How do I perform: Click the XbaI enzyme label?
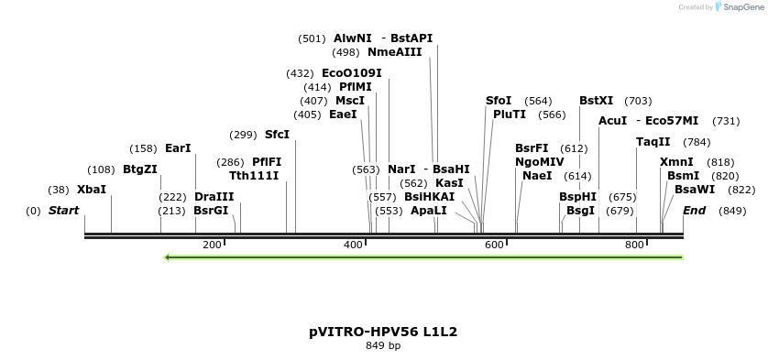[92, 190]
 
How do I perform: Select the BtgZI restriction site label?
[140, 169]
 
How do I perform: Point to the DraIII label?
[214, 197]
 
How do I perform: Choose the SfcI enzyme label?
[277, 135]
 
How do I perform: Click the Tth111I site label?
[254, 176]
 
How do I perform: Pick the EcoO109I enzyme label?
[352, 73]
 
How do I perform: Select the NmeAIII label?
[394, 52]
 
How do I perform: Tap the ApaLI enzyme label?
[429, 211]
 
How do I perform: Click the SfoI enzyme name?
[498, 101]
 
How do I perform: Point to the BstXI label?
[597, 101]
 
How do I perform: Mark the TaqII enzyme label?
[653, 142]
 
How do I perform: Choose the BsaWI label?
[695, 190]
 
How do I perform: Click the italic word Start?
[64, 211]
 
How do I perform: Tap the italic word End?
[695, 211]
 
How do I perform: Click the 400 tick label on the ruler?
[354, 245]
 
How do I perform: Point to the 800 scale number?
[634, 245]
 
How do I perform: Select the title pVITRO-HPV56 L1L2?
[383, 332]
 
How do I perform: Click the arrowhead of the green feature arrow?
[168, 257]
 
